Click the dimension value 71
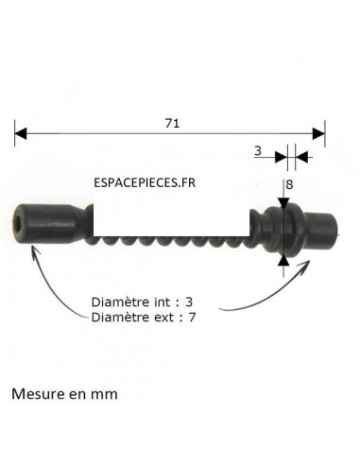point(171,122)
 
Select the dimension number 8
point(289,185)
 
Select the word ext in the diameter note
point(158,318)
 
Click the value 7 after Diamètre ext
point(192,318)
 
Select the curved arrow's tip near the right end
point(306,261)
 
